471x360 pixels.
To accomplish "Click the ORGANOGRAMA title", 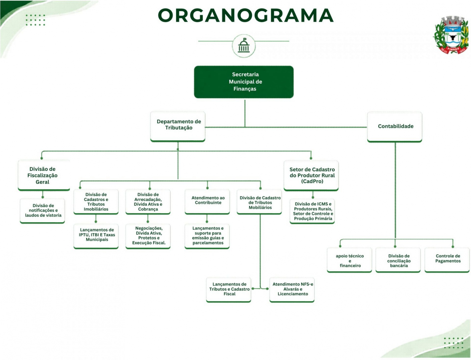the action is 246,15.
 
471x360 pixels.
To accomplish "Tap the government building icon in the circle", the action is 244,45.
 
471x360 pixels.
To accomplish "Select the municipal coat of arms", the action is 451,35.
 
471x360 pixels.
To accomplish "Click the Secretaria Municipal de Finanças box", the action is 244,82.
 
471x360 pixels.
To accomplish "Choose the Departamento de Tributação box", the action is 178,126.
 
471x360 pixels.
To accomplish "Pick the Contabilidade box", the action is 395,127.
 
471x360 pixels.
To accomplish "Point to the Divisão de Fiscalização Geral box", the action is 44,175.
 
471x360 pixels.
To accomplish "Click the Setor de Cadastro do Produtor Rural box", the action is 311,175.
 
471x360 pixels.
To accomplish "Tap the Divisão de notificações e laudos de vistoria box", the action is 42,211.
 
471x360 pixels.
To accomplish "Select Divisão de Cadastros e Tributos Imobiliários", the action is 96,202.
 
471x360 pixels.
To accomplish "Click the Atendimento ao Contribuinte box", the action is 207,202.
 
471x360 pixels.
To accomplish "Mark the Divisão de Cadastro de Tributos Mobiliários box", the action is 260,202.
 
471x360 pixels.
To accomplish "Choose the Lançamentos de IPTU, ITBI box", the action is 96,236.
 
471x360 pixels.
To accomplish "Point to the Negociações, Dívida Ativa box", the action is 148,236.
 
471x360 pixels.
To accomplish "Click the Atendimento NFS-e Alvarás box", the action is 292,290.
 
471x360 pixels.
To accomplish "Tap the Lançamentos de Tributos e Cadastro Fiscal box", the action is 228,290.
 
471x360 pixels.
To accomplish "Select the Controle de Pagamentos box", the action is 447,260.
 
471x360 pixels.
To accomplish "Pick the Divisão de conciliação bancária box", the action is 398,260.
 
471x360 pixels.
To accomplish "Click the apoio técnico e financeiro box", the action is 349,260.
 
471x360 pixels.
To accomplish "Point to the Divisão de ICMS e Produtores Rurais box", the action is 312,211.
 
